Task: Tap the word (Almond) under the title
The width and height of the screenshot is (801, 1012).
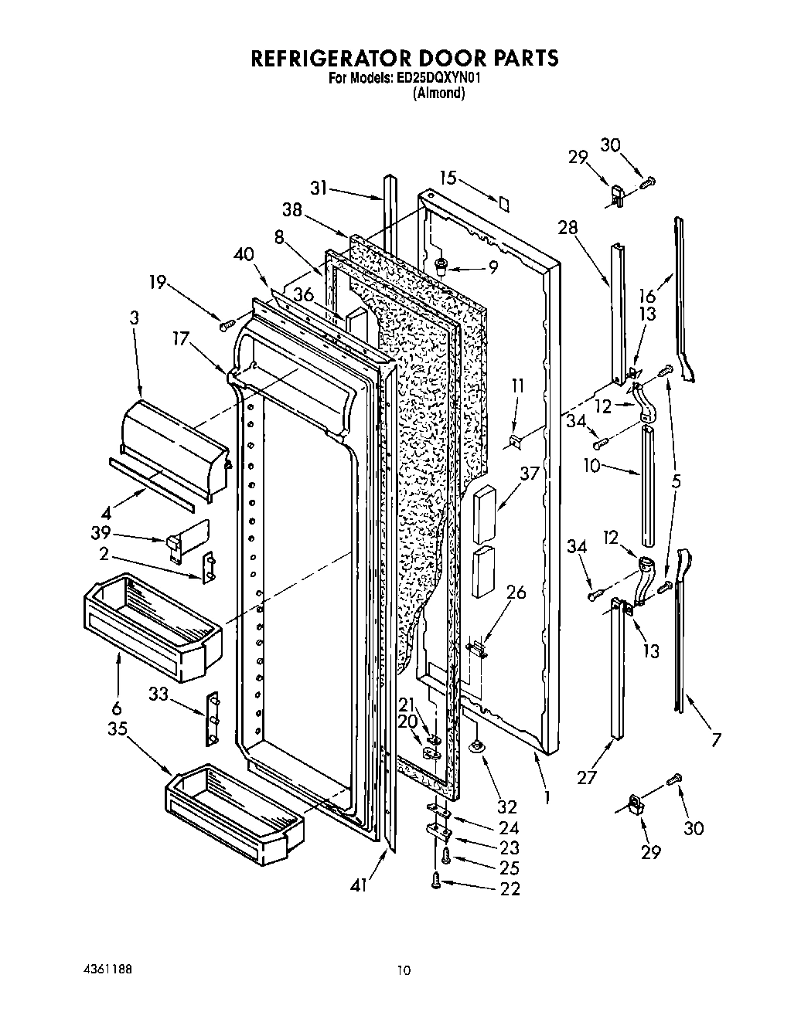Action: (438, 93)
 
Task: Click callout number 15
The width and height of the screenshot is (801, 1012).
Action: (448, 177)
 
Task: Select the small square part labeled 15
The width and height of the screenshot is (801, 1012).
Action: (503, 203)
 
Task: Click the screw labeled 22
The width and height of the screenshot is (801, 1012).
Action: (438, 879)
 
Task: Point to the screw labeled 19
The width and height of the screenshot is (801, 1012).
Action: (228, 323)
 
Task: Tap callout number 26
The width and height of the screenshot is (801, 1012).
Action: (516, 593)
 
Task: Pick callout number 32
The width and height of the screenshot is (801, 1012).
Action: (506, 807)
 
